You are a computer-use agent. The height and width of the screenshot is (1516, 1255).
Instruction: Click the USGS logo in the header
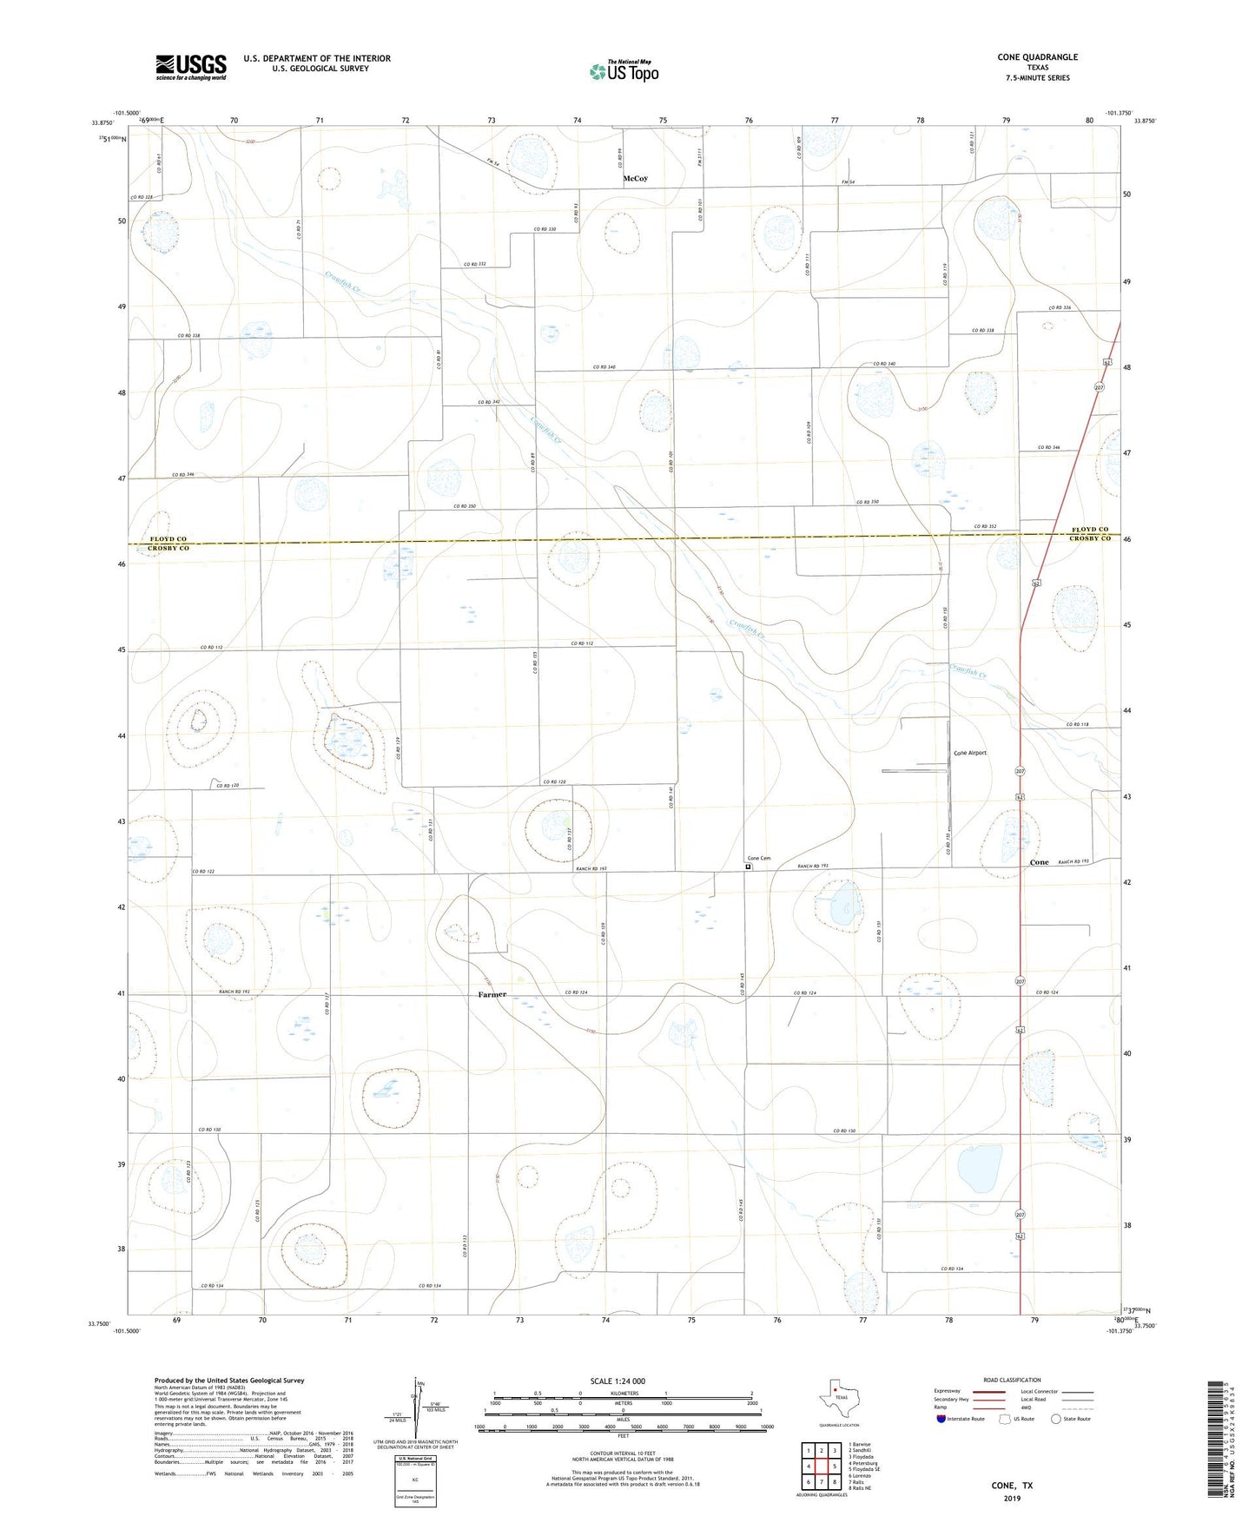coord(191,67)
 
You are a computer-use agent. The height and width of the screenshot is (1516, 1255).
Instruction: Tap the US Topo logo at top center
coord(624,71)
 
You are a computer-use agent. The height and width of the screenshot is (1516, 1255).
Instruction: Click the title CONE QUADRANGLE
coord(1037,57)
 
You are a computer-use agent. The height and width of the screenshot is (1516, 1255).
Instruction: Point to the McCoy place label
coord(635,179)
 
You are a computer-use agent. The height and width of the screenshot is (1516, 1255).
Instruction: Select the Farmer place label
coord(492,995)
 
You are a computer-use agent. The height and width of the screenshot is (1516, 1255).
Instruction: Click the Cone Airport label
coord(969,753)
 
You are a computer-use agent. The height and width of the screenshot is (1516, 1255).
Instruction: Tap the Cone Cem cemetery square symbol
coord(749,867)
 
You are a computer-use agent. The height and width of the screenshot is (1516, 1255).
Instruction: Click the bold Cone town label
coord(1039,862)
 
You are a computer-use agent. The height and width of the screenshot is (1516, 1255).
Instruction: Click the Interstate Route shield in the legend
coord(941,1420)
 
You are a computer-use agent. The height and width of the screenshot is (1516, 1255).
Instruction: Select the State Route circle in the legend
coord(1056,1420)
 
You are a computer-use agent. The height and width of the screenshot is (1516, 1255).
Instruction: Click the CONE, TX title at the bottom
coord(1012,1486)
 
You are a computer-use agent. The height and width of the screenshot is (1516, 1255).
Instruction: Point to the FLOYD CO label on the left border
coord(168,539)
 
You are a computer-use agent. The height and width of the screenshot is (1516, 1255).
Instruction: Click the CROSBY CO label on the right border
coord(1089,539)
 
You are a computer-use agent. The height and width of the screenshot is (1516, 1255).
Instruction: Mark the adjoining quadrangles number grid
coord(821,1467)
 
